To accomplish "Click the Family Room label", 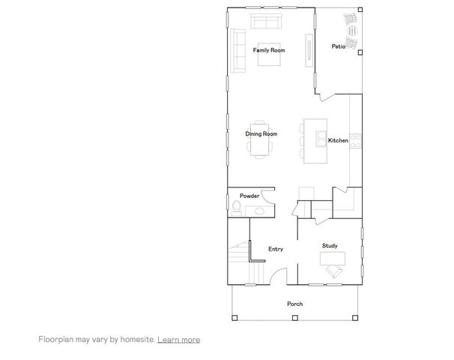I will coord(269,50).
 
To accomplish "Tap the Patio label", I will coord(339,46).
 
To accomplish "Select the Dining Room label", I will coord(261,133).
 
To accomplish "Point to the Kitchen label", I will coord(338,140).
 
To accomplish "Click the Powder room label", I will coord(249,196).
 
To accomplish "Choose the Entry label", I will coord(276,249).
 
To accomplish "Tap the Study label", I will coord(330,246).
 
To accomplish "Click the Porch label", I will coord(295,304).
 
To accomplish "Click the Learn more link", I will coord(178,340).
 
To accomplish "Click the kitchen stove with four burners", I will coord(357,139).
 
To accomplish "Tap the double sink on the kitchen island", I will coord(321,139).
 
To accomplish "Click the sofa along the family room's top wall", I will coord(265,20).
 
